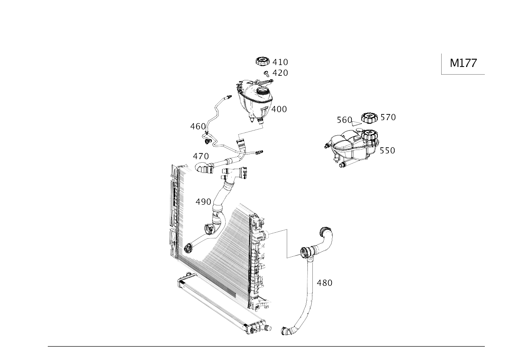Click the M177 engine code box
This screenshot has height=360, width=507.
[x=463, y=63]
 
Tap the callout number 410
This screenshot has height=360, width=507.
[x=280, y=62]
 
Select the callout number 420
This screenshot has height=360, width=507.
[x=280, y=73]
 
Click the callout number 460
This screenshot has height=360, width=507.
[x=198, y=126]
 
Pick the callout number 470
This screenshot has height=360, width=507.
[x=201, y=156]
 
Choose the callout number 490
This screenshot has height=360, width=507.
[x=203, y=201]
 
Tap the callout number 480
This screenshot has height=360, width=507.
[x=325, y=283]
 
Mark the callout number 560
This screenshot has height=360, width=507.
[x=344, y=120]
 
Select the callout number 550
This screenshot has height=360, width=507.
[x=387, y=150]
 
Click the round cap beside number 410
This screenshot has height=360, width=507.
[x=263, y=61]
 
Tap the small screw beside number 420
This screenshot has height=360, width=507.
[x=266, y=73]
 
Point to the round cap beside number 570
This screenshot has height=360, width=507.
[x=369, y=118]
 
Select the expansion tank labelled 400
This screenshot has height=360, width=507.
[x=254, y=98]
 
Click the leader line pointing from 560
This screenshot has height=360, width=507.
[x=356, y=123]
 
